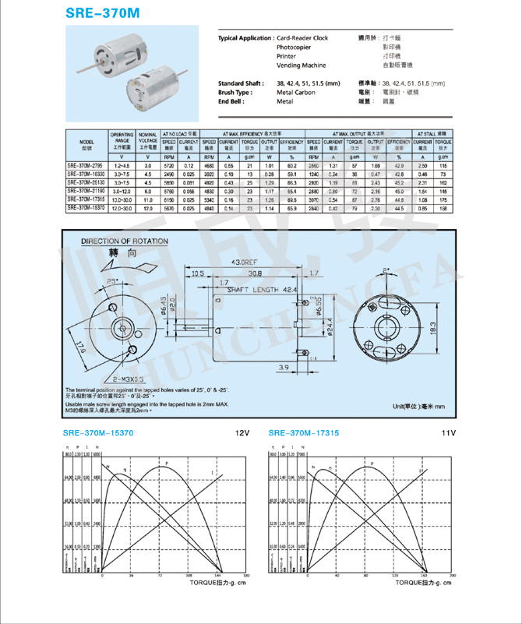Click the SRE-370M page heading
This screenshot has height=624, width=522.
point(108,14)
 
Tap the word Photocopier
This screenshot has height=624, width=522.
point(296,47)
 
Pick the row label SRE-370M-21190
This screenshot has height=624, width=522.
point(87,190)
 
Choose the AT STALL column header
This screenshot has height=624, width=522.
point(435,134)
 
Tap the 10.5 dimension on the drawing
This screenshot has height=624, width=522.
point(198,273)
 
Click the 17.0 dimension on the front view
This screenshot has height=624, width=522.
point(81,343)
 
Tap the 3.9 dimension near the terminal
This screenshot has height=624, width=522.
point(284,366)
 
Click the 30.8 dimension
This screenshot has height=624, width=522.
point(254,273)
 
